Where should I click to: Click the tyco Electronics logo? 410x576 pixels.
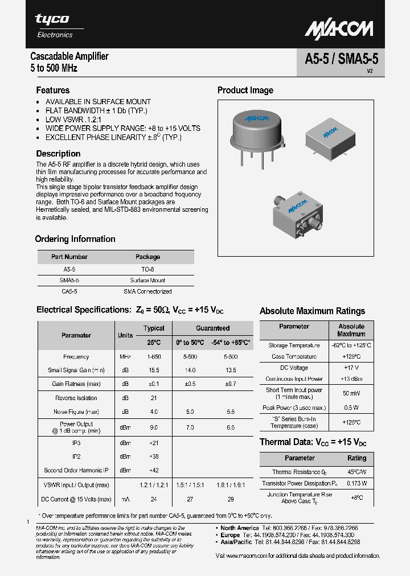(55, 26)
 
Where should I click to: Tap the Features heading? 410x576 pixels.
(53, 90)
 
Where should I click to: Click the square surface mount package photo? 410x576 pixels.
(326, 137)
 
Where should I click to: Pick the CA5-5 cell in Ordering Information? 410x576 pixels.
(69, 291)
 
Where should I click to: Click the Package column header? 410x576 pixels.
(147, 257)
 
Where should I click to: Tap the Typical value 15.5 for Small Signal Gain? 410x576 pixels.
(153, 371)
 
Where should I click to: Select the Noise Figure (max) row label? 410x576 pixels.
(76, 412)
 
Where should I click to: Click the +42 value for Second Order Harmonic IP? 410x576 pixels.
(153, 470)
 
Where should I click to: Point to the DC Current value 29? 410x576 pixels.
(230, 499)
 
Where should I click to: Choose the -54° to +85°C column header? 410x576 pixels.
(230, 343)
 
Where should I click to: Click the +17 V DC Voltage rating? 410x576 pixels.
(351, 368)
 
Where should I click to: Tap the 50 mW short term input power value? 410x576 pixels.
(351, 393)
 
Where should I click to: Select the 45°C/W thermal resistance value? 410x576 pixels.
(356, 472)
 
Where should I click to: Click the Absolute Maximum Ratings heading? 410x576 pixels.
(312, 311)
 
